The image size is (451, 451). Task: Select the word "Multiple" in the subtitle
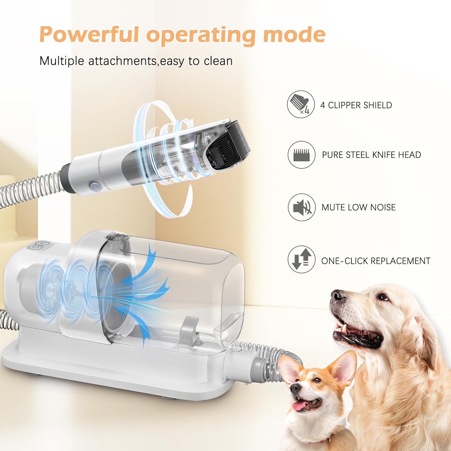point(62,61)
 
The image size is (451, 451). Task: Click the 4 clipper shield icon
point(301,104)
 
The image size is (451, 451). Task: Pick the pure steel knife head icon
point(301,155)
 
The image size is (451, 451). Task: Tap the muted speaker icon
point(302,207)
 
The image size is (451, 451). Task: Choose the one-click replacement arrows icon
point(302,260)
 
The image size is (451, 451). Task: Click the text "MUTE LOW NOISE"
point(358,207)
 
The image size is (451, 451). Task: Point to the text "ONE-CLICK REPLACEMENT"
point(376,261)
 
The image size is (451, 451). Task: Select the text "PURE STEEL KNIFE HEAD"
point(371,155)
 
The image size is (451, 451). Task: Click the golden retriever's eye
point(383,297)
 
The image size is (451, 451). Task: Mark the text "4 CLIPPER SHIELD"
point(356,105)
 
